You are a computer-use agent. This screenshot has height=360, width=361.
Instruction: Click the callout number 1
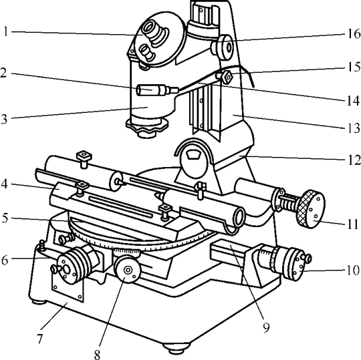[6, 31]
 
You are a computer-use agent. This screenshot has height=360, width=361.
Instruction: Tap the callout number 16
[354, 34]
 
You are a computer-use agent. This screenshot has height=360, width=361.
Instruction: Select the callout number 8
[97, 355]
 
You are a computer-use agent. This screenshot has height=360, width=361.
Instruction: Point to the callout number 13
[354, 128]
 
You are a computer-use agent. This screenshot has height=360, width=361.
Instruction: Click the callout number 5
[5, 218]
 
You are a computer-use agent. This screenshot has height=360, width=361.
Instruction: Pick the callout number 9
[266, 327]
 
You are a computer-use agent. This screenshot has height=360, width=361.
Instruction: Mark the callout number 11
[353, 224]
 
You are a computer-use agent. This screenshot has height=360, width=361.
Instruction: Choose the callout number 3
[4, 119]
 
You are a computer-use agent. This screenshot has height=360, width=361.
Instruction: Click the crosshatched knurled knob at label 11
[310, 209]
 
